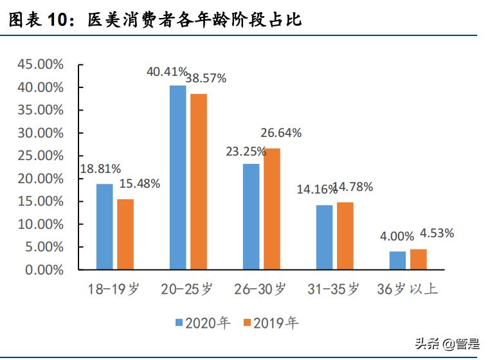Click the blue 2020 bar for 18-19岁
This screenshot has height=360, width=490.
105,226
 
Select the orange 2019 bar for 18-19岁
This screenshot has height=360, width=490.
125,234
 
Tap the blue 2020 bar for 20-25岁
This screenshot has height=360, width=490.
178,177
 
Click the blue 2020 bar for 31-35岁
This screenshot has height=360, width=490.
325,237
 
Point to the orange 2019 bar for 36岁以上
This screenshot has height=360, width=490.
419,259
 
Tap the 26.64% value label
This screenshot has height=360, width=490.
281,133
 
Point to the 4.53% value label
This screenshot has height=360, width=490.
437,233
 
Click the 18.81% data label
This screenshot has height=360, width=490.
100,169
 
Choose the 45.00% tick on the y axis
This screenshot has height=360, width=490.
41,64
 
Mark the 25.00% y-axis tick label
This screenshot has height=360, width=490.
41,156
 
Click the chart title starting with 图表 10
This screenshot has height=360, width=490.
154,20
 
